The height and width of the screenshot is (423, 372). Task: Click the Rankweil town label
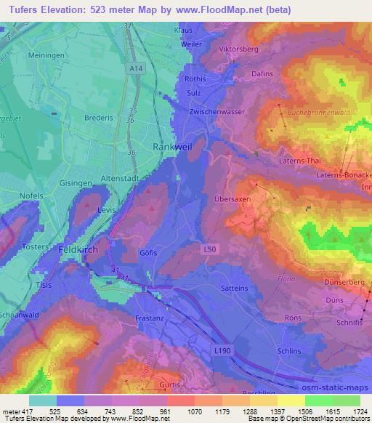coord(171,146)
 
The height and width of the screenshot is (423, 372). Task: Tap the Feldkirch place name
coord(78,249)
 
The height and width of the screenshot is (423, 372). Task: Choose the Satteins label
coord(234,288)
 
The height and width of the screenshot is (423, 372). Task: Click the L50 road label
coord(208,249)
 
